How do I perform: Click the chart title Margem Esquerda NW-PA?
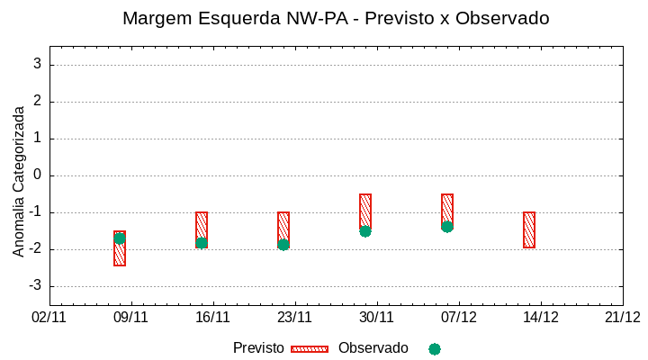(336, 18)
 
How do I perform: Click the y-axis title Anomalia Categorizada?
(19, 181)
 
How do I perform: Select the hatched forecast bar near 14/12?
(529, 229)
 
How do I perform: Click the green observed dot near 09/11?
(120, 238)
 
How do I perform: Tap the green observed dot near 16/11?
(202, 243)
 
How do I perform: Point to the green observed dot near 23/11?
(283, 245)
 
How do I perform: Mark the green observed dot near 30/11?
(365, 231)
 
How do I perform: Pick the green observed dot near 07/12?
(447, 227)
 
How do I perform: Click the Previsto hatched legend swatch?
(310, 348)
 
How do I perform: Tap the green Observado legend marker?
(435, 348)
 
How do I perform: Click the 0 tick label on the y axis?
(38, 175)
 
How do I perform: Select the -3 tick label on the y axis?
(35, 286)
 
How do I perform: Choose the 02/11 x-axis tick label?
(49, 317)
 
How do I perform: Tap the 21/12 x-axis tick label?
(623, 317)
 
